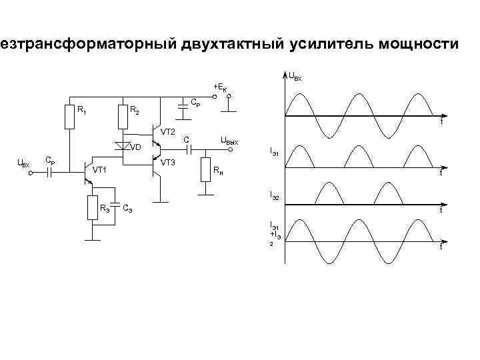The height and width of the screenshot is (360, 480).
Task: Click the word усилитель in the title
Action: (331, 45)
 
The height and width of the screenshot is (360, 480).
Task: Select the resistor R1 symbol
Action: (70, 117)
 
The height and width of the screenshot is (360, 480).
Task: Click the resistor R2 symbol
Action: (122, 117)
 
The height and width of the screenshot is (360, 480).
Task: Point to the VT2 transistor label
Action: (167, 131)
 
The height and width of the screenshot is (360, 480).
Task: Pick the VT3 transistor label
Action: (167, 162)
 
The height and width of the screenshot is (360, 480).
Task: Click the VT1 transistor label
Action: (99, 171)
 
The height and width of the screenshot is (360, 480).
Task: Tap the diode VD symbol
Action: (122, 145)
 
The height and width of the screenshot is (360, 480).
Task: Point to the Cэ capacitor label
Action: (127, 209)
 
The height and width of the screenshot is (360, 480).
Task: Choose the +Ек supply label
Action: (219, 87)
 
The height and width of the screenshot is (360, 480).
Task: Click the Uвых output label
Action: (229, 140)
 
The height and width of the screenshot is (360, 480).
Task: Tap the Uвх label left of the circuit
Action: (23, 163)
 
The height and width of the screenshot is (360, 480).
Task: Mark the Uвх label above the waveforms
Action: (294, 77)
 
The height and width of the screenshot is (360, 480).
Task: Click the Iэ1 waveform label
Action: (274, 152)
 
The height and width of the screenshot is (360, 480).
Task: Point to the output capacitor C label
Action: (187, 140)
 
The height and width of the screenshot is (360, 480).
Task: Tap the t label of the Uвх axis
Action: (441, 123)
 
